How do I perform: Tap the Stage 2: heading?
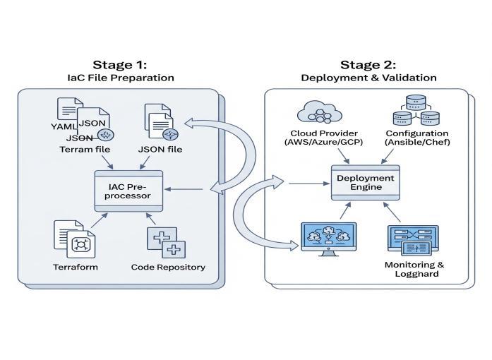point(368,64)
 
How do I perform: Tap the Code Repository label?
point(168,268)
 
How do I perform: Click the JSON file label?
point(162,149)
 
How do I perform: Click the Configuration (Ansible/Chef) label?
point(416,138)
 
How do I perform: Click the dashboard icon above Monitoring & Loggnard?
point(413,239)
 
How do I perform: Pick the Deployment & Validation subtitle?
point(368,77)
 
